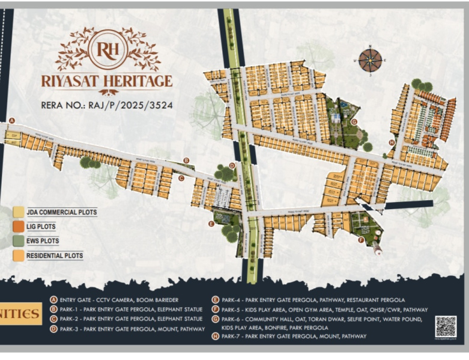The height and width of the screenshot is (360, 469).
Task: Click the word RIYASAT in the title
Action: (74, 81)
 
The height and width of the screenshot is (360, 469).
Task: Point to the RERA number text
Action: (107, 105)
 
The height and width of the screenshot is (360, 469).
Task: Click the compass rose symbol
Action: (370, 60)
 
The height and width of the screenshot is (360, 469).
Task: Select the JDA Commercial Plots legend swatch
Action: (19, 212)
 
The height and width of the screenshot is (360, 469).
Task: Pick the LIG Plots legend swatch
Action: (19, 227)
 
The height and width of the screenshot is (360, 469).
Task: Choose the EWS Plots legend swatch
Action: (19, 241)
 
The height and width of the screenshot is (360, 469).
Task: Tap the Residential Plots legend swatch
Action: (19, 255)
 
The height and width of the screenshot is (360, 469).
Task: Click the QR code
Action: (446, 326)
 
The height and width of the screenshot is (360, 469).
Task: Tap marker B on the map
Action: (186, 160)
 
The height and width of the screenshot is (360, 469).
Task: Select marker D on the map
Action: (232, 166)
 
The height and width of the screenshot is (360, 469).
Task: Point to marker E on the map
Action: (211, 224)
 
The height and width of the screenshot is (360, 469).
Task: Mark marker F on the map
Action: (361, 240)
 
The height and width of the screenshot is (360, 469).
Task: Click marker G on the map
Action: (354, 121)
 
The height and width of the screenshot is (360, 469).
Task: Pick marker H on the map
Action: (392, 142)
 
